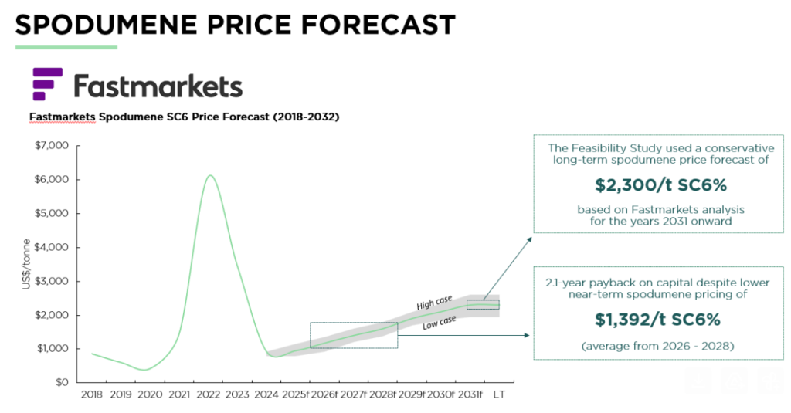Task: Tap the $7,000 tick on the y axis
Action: tap(52, 145)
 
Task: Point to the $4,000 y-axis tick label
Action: tap(52, 247)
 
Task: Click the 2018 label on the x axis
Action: tap(91, 394)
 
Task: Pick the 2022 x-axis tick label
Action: tap(209, 394)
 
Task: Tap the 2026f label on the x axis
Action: tap(324, 394)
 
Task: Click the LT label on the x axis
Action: tap(498, 394)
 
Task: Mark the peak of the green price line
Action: tap(209, 175)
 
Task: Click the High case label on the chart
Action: tap(434, 302)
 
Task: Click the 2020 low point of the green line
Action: tap(144, 370)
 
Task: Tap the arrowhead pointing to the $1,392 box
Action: tap(528, 336)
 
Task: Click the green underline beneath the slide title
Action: tap(66, 47)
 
